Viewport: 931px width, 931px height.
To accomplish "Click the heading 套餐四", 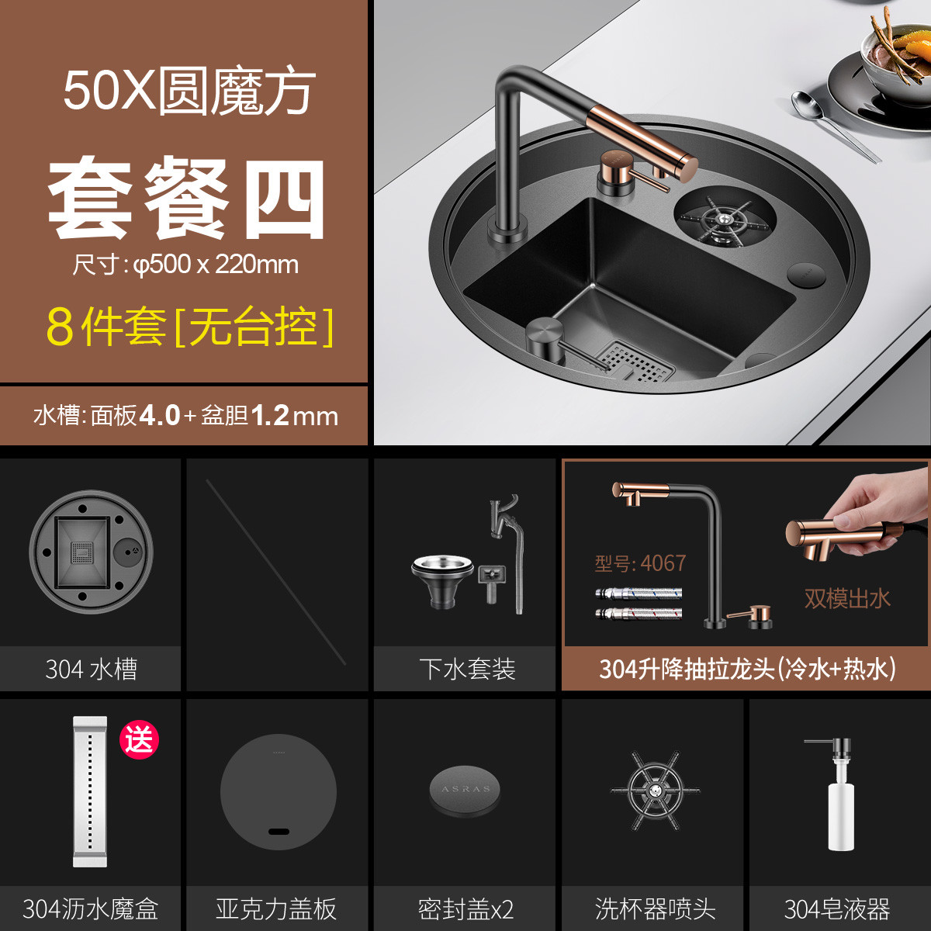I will (186, 200).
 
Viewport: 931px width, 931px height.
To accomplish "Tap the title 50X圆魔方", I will (189, 92).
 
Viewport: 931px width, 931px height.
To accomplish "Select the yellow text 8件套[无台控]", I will (190, 327).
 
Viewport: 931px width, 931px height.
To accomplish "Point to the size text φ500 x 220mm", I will (185, 265).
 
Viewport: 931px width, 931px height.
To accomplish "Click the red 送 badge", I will (139, 739).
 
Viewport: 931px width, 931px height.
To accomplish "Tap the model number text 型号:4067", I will (640, 563).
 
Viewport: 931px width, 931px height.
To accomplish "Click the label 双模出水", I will (846, 598).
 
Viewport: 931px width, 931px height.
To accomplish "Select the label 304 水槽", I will (91, 669).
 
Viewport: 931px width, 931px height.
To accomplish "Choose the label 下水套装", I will (467, 669).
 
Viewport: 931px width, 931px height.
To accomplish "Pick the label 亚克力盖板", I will (276, 909).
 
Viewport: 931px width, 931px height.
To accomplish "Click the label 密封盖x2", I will (465, 909).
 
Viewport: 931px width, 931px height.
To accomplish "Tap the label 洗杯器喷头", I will (655, 909).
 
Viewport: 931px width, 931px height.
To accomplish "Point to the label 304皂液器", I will (836, 909).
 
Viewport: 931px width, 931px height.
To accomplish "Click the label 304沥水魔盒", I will (91, 909).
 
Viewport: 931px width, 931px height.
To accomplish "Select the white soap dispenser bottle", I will (836, 811).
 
